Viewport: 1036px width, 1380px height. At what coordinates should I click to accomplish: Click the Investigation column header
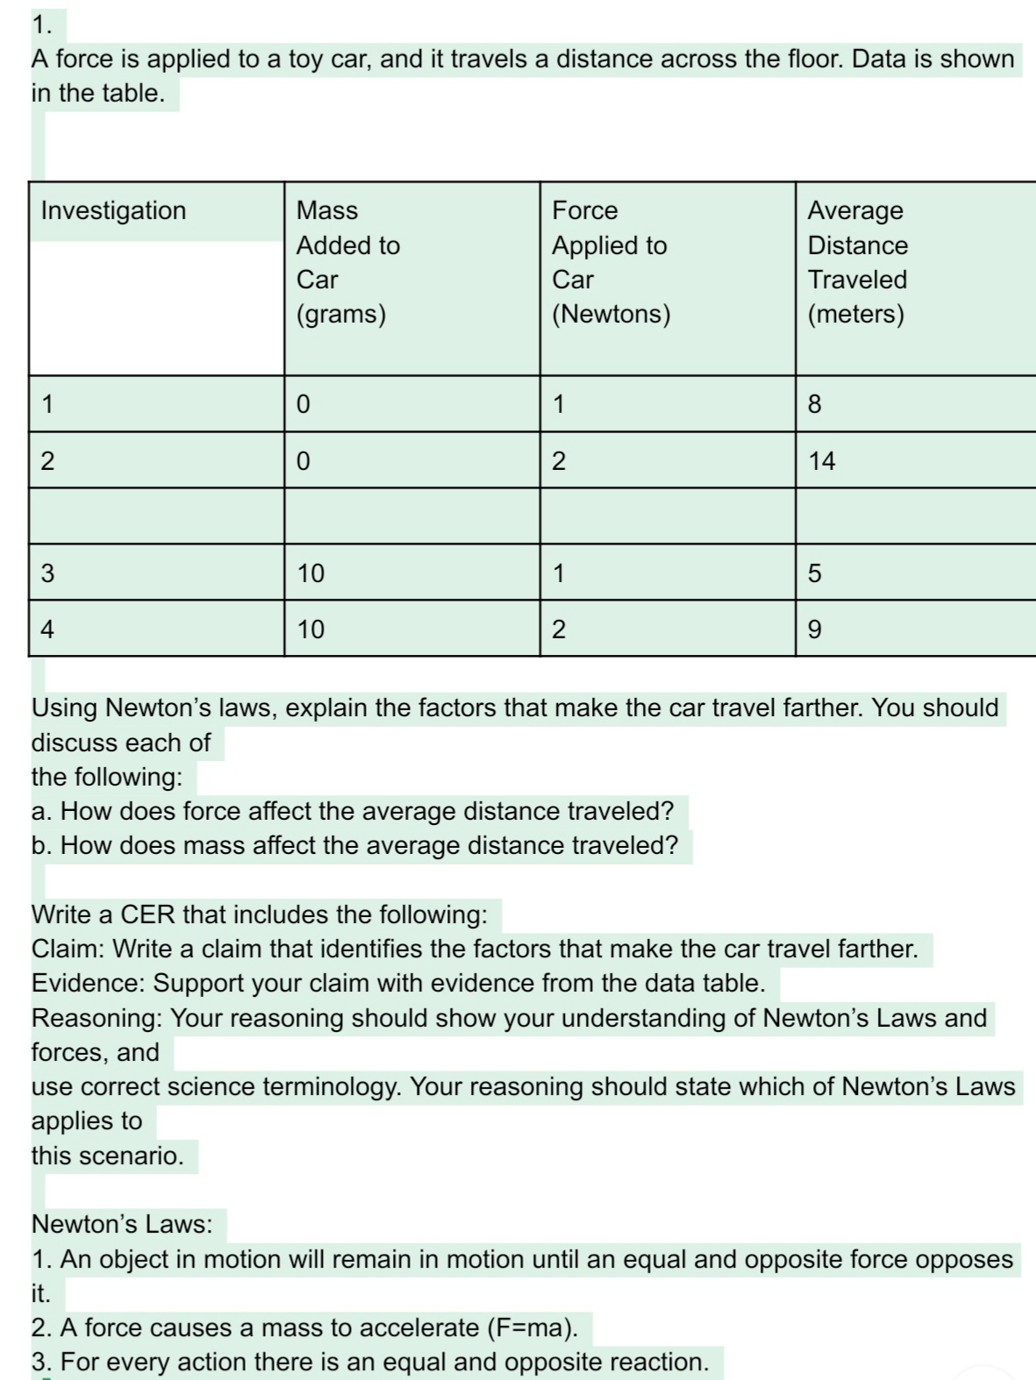coord(114,210)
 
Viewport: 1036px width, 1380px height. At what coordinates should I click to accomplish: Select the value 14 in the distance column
coord(822,460)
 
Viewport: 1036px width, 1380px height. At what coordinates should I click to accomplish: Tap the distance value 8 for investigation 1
coord(814,404)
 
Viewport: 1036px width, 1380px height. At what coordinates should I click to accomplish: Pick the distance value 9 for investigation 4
coord(814,630)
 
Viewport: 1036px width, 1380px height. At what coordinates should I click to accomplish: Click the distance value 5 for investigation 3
coord(814,573)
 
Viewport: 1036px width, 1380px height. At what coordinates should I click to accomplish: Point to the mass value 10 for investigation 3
coord(311,573)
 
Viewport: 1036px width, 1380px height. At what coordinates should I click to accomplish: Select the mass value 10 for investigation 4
coord(311,630)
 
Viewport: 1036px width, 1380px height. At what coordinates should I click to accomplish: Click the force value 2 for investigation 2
coord(559,460)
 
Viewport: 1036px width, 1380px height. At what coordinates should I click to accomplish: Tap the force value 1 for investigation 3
coord(559,573)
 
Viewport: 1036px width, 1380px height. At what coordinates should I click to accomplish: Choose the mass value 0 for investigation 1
coord(303,404)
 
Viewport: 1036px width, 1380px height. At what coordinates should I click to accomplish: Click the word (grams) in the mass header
coord(341,314)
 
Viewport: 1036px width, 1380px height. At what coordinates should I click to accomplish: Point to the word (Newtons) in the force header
coord(611,314)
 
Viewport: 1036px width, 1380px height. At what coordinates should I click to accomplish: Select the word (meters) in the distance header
coord(855,314)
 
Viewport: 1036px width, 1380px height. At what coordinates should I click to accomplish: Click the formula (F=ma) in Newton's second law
coord(532,1327)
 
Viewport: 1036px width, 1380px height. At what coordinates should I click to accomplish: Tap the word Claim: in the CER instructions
coord(69,949)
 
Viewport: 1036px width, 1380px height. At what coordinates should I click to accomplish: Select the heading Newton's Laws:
coord(122,1224)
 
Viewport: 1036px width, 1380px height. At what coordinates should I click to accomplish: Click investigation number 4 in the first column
coord(47,630)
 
